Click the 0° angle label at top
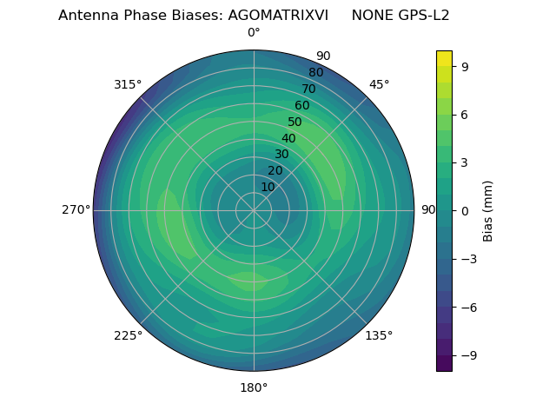click(254, 33)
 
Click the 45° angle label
click(379, 84)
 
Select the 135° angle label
click(379, 335)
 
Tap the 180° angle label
click(254, 387)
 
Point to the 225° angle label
click(128, 335)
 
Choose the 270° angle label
click(76, 210)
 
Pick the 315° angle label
click(128, 84)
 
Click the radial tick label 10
click(268, 187)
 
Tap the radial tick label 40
click(288, 138)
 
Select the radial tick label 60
click(301, 106)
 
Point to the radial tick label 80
click(315, 73)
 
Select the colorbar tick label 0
click(465, 210)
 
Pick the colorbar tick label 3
click(465, 162)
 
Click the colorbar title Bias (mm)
click(488, 210)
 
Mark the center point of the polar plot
click(254, 210)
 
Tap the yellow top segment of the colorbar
click(444, 58)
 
